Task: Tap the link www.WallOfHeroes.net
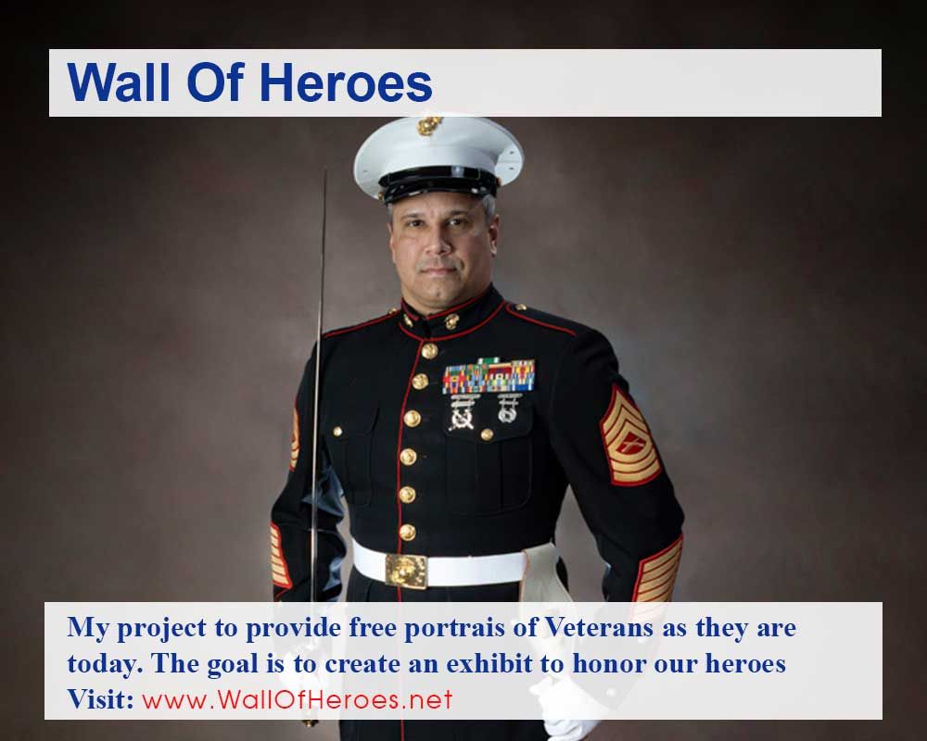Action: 298,699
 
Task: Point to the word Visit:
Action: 101,699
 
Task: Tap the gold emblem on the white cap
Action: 429,125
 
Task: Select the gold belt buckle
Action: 406,569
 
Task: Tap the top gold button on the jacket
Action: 429,350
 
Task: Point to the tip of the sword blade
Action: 324,172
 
